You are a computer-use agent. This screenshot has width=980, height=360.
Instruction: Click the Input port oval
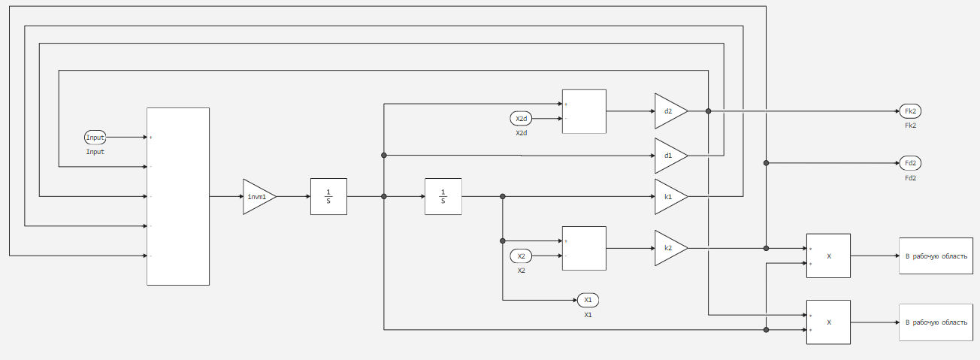coord(95,138)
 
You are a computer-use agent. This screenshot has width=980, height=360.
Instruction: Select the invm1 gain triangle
coord(258,197)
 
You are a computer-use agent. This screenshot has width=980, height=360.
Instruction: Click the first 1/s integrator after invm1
coord(328,197)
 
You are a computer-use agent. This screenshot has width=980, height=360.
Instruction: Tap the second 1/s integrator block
coord(443,197)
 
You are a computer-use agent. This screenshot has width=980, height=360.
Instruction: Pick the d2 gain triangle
coord(669,111)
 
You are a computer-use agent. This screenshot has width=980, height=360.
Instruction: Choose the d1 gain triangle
coord(669,156)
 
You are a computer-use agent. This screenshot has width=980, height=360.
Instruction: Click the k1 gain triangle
coord(669,197)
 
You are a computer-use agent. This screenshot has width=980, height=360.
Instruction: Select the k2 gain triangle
coord(669,248)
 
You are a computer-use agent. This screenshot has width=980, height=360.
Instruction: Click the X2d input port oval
coord(522,119)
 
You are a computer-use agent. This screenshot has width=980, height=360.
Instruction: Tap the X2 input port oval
coord(522,256)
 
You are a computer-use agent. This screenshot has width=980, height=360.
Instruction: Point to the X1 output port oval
coord(588,300)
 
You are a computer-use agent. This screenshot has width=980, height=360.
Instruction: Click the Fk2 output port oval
coord(910,111)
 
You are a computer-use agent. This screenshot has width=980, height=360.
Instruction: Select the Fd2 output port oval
coord(910,162)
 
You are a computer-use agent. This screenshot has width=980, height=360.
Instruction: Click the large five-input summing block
coord(178,197)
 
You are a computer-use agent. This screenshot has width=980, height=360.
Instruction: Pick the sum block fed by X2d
coord(584,111)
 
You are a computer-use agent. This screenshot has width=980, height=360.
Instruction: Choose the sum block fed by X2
coord(584,248)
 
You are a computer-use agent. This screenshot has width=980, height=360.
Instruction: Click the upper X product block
coord(828,256)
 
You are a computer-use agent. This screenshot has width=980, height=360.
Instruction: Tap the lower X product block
coord(828,322)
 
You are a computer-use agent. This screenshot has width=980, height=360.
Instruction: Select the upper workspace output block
coord(936,256)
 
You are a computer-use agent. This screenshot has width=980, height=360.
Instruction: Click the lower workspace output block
coord(936,322)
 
